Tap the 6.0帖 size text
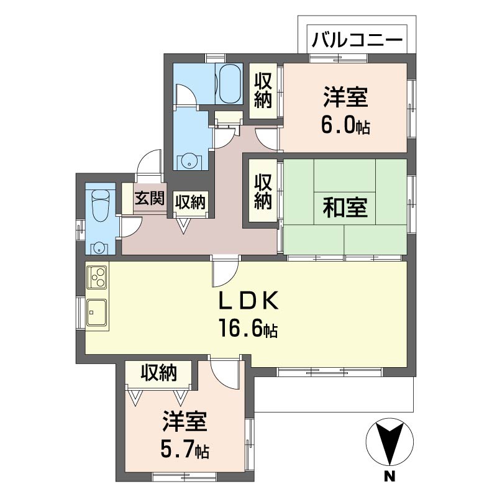pyautogui.click(x=345, y=125)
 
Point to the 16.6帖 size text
pyautogui.click(x=247, y=328)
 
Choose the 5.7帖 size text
pyautogui.click(x=185, y=449)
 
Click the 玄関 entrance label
pyautogui.click(x=150, y=199)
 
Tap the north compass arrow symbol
pyautogui.click(x=390, y=442)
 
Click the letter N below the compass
pyautogui.click(x=390, y=477)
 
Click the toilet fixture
pyautogui.click(x=99, y=204)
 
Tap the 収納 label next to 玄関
pyautogui.click(x=191, y=201)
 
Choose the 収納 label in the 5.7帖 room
pyautogui.click(x=158, y=373)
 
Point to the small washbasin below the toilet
pyautogui.click(x=99, y=248)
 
